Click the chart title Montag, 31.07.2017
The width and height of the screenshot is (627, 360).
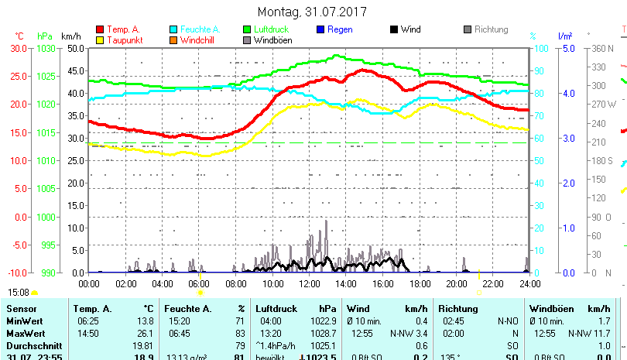point(312,12)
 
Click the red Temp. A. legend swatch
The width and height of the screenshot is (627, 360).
point(100,29)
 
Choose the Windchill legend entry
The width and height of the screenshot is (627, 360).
point(198,39)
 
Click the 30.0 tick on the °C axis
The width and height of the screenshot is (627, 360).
point(19,48)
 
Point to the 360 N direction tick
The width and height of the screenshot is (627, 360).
point(600,48)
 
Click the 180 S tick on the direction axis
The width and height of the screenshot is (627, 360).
point(601,160)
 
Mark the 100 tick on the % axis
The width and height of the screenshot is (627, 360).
point(543,48)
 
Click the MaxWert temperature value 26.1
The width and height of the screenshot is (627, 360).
point(145,333)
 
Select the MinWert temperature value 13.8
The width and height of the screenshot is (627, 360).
point(145,321)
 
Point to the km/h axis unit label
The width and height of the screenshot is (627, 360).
point(70,36)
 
